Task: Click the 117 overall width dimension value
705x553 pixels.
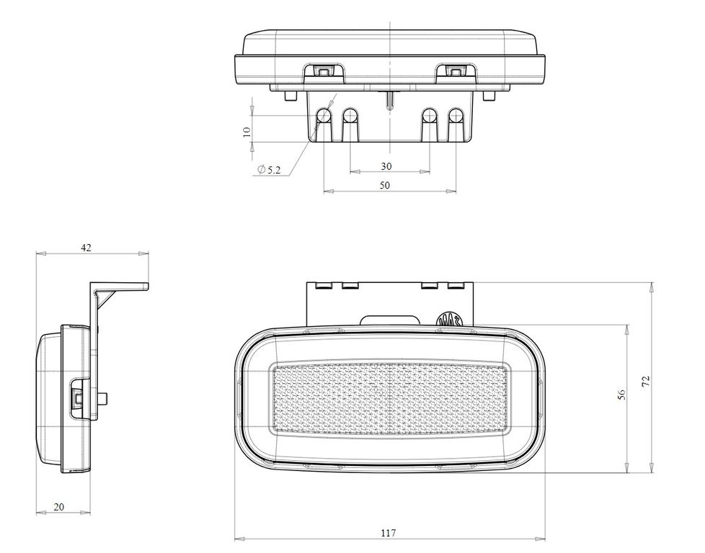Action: point(389,533)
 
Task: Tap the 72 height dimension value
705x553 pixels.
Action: point(646,382)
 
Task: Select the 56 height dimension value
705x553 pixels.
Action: point(621,395)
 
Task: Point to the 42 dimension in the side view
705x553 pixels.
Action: point(86,247)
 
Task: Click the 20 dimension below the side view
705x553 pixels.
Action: point(59,507)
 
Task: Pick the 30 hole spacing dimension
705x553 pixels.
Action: point(386,166)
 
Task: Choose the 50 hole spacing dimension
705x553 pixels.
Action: point(385,185)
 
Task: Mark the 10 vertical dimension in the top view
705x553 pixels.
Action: point(247,132)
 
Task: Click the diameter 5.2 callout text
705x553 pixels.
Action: point(269,169)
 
